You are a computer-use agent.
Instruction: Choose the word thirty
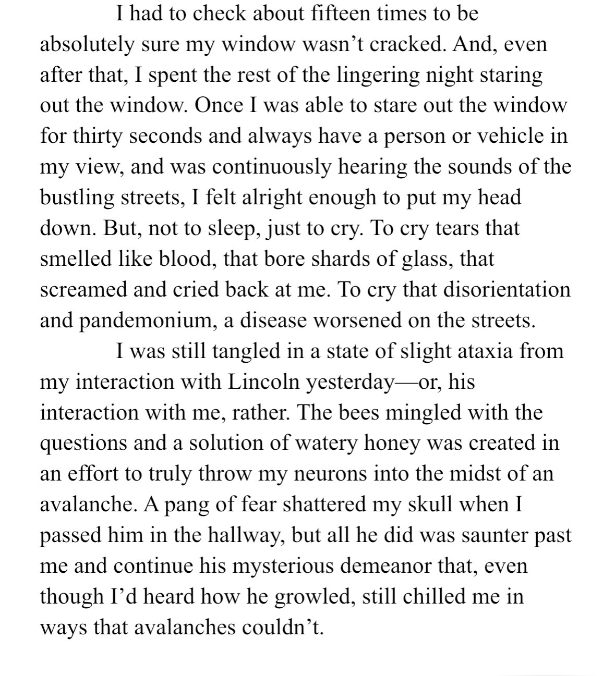point(99,136)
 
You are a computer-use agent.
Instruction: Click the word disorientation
point(507,289)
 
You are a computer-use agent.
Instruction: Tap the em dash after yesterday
point(407,383)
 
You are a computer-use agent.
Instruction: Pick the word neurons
point(320,474)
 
